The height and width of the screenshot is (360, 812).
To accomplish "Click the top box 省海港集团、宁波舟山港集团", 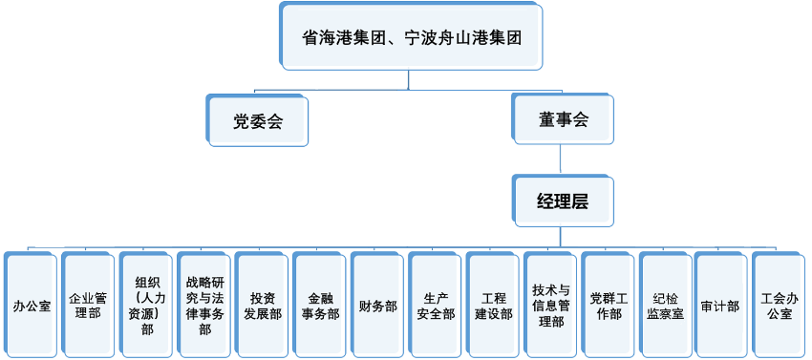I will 411,37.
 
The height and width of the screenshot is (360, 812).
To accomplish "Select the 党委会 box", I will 258,120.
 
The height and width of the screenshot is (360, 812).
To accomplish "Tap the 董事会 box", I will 563,120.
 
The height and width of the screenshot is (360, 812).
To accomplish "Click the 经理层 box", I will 563,201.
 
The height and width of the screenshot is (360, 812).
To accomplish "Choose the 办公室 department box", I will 32,307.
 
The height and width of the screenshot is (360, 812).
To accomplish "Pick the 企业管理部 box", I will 88,307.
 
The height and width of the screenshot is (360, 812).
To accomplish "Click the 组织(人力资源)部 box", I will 147,307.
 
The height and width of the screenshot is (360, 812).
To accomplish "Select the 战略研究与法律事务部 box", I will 204,307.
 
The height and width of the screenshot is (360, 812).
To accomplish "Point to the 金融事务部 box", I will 320,307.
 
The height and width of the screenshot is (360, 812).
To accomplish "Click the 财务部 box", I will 377,307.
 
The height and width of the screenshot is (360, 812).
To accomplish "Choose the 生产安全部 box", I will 436,307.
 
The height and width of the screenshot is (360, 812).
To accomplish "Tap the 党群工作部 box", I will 609,307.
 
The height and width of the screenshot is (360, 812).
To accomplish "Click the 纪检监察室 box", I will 665,307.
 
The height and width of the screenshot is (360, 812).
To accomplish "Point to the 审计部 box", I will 720,307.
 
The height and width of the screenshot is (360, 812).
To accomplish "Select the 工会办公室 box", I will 779,307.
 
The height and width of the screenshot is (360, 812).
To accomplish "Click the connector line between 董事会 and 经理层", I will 563,159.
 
